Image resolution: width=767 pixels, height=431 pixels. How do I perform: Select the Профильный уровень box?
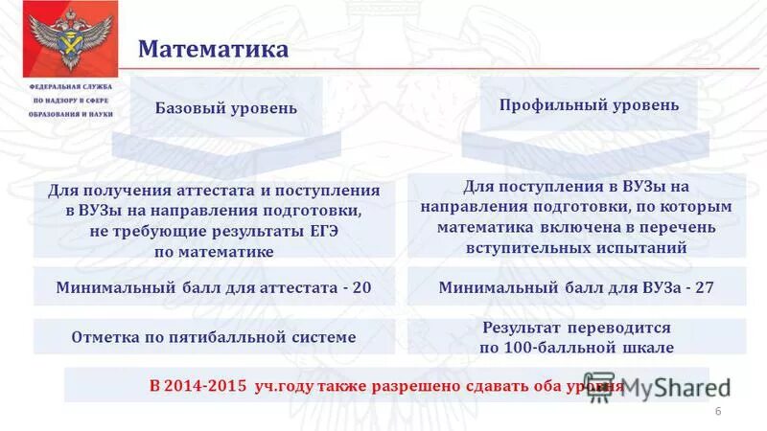click(x=589, y=105)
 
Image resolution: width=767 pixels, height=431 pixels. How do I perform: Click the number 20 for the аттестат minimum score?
click(x=361, y=286)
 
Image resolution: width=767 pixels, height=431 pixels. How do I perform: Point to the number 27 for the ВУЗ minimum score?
click(x=705, y=286)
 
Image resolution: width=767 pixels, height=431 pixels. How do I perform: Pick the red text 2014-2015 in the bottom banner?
click(x=199, y=386)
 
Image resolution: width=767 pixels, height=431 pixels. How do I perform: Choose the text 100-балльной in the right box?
click(x=554, y=347)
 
